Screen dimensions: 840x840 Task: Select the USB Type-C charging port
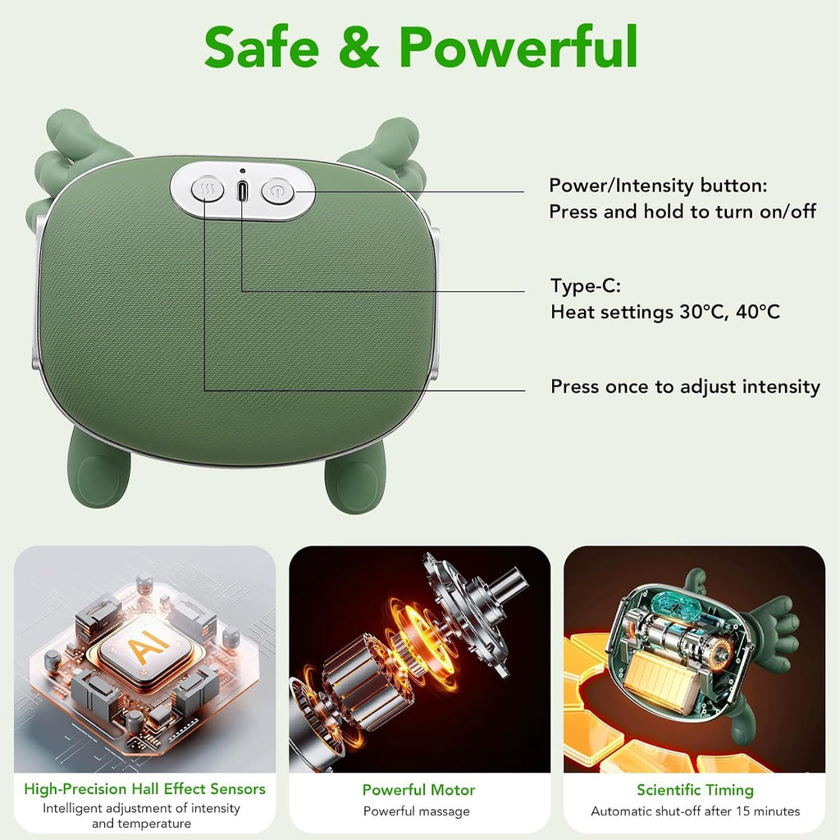click(242, 190)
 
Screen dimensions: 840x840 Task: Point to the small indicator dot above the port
click(243, 171)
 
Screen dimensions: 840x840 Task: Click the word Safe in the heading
click(262, 47)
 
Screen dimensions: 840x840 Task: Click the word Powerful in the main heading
click(518, 46)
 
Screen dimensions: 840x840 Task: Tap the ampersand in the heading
click(359, 47)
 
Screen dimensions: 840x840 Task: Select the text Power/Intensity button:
click(658, 185)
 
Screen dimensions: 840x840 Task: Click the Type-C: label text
click(586, 285)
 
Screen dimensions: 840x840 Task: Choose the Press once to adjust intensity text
click(685, 386)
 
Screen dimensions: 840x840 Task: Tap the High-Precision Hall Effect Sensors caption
click(144, 788)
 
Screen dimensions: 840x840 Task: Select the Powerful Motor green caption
click(418, 790)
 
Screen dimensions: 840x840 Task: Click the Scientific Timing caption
click(695, 790)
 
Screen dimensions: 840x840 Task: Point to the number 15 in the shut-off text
click(743, 811)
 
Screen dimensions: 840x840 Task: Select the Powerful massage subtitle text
click(416, 811)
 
